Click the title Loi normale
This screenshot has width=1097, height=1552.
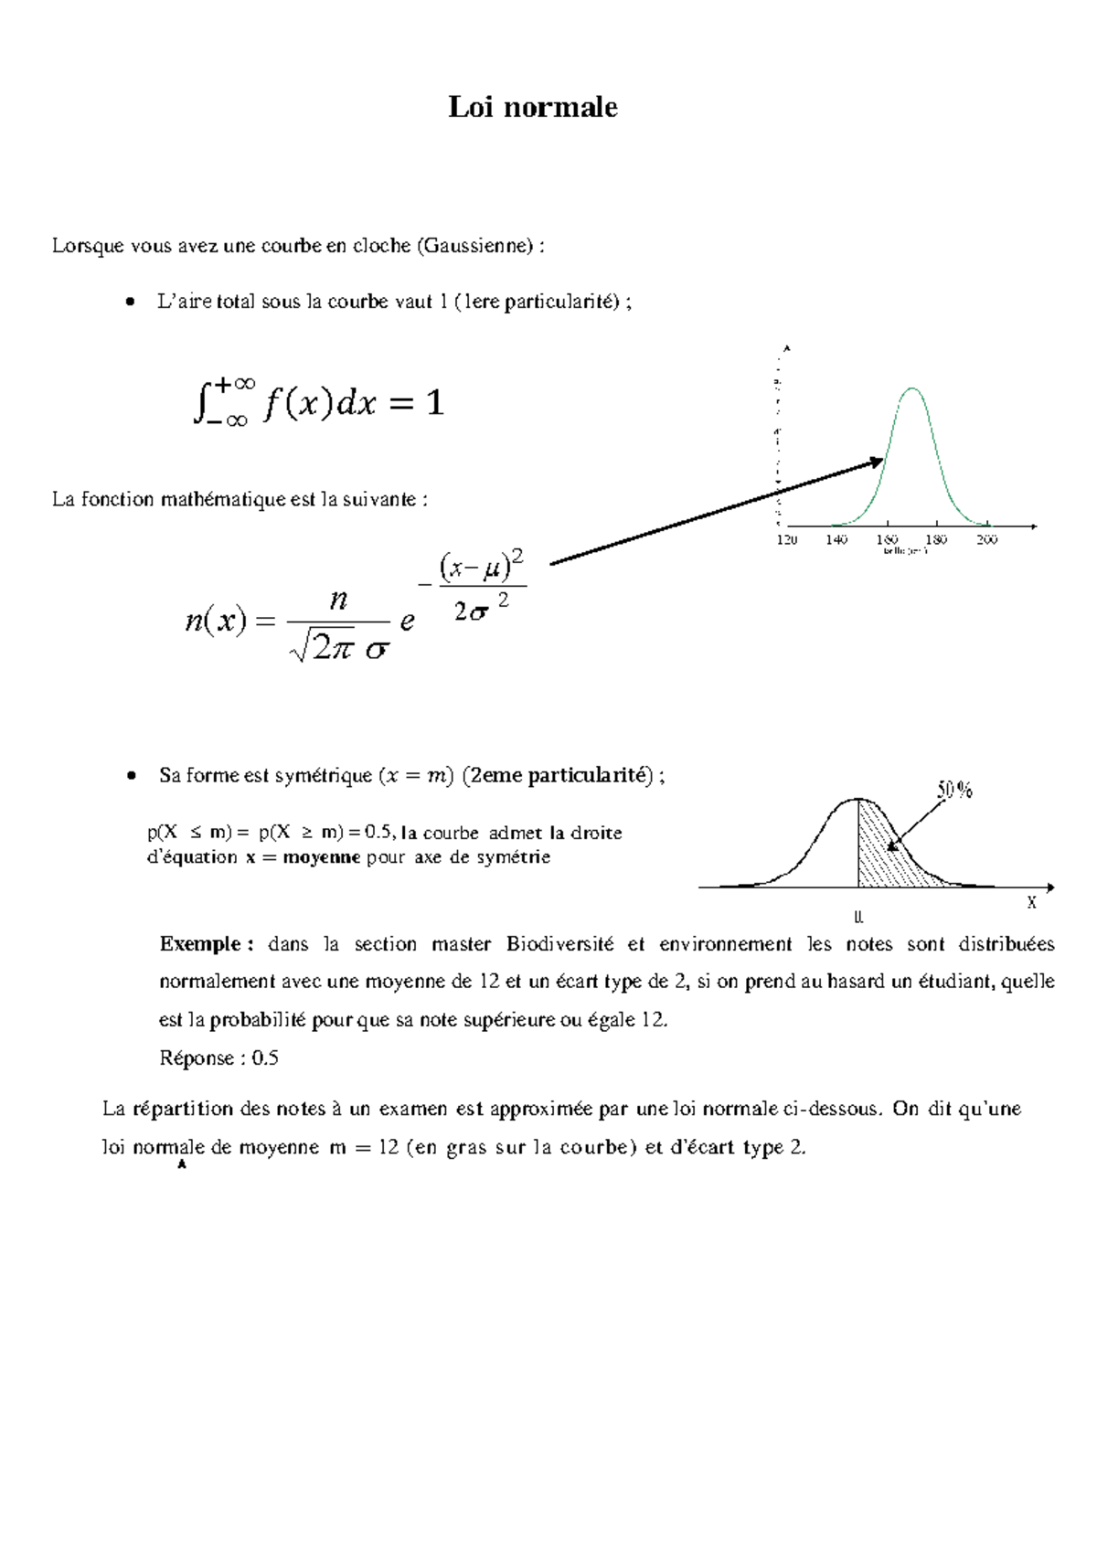532,107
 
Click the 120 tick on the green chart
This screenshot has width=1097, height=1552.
786,539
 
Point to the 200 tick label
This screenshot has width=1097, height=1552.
986,539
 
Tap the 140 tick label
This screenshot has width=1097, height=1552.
836,539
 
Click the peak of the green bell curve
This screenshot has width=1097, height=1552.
911,389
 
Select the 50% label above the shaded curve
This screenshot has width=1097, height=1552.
954,790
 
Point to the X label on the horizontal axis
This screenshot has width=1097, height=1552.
1031,903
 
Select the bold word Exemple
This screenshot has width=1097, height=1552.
199,944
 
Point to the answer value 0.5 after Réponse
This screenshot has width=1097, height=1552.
265,1058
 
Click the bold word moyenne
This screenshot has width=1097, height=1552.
321,857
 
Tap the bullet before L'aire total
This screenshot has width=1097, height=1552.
132,302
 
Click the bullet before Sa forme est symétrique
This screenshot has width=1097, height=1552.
133,775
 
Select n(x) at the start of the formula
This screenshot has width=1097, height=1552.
216,621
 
